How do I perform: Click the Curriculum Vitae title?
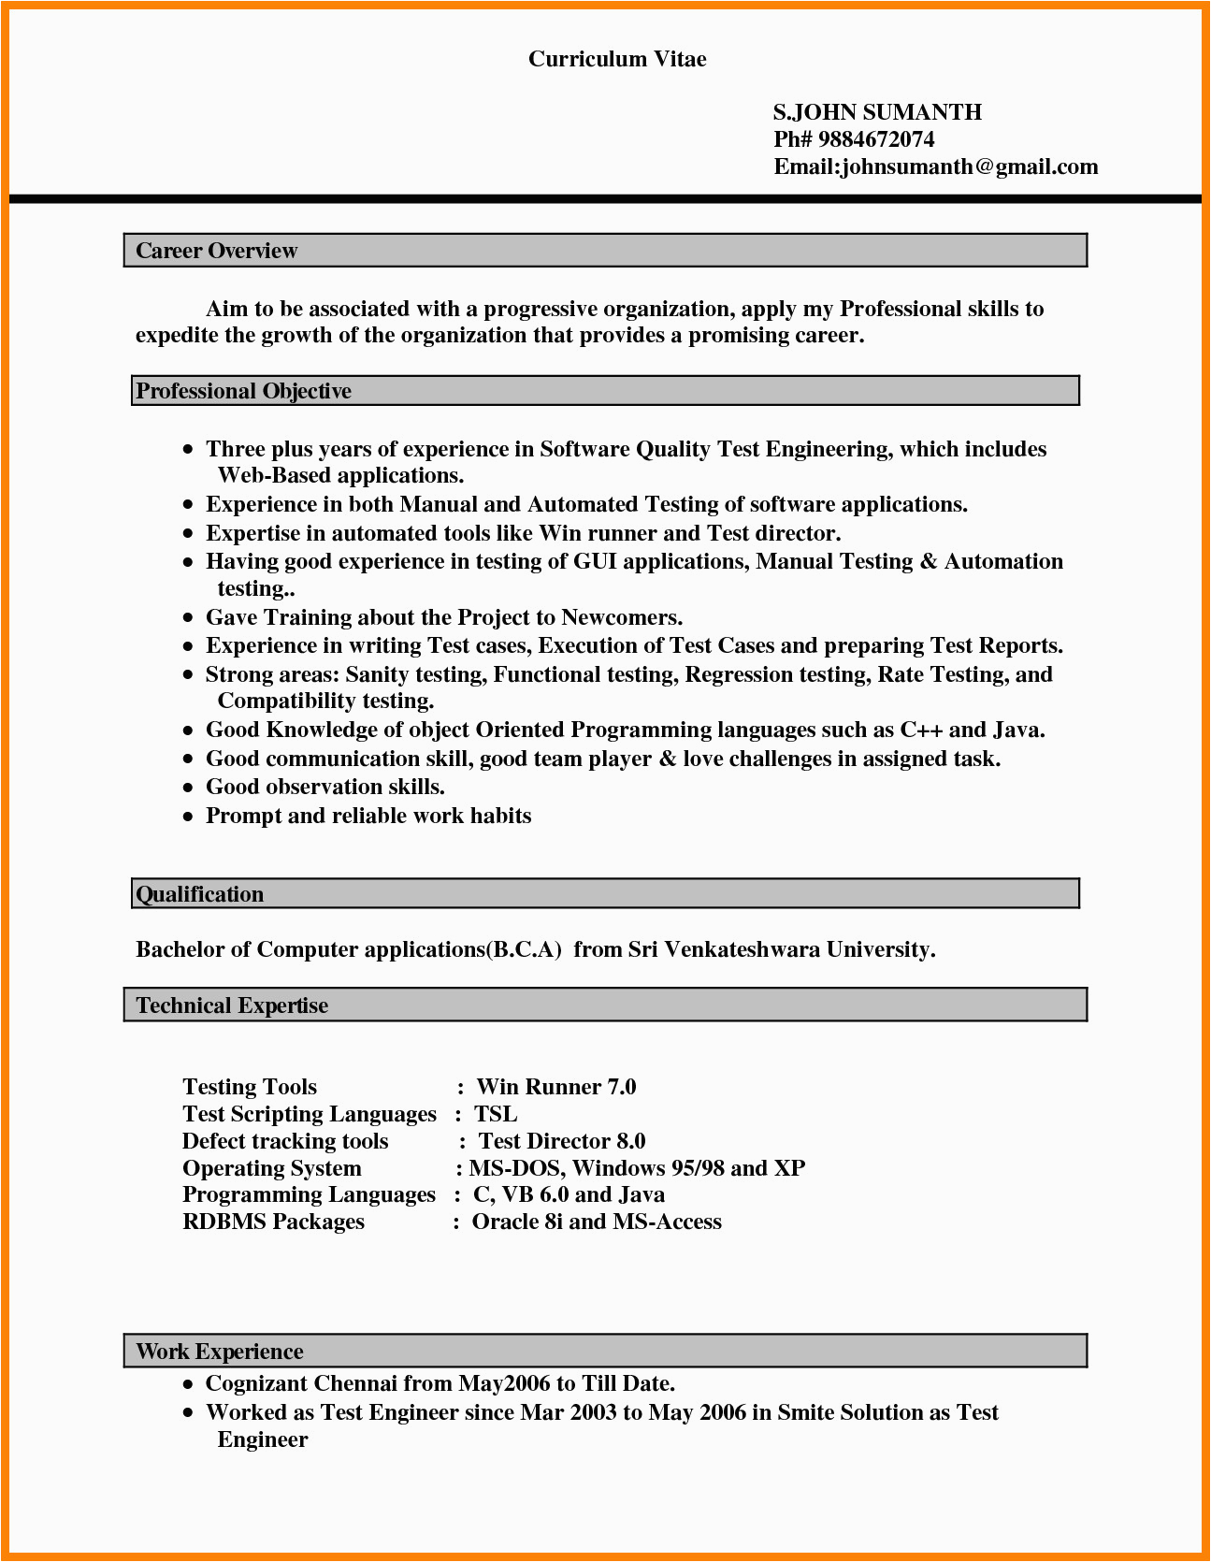click(617, 59)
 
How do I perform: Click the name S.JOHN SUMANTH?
click(877, 112)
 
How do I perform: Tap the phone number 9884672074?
click(876, 139)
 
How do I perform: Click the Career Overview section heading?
click(216, 251)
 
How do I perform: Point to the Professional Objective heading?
click(243, 391)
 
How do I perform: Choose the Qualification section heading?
click(200, 894)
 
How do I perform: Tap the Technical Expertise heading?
click(232, 1005)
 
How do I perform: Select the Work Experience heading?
click(220, 1352)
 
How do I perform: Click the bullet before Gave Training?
click(188, 619)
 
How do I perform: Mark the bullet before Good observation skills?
click(188, 788)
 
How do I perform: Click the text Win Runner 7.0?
click(556, 1087)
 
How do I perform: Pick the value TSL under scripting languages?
click(496, 1114)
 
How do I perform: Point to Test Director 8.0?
click(562, 1141)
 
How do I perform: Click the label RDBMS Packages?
click(273, 1222)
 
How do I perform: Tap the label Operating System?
click(271, 1168)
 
